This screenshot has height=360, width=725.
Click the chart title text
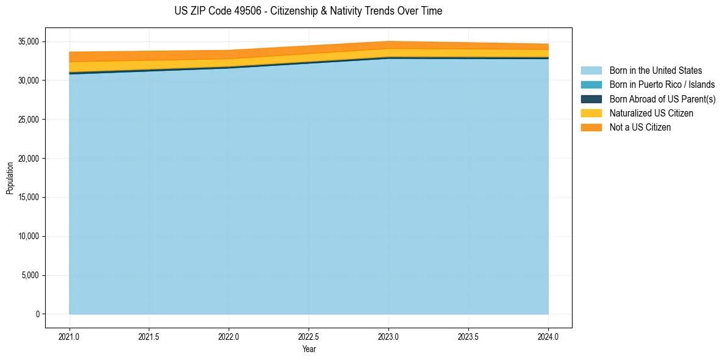(308, 11)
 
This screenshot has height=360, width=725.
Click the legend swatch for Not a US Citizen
(591, 127)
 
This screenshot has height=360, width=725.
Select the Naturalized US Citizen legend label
(651, 113)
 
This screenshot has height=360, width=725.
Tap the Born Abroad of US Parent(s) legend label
(662, 99)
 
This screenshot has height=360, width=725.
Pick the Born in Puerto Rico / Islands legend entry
(662, 85)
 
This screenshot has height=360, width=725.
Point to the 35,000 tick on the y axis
(29, 41)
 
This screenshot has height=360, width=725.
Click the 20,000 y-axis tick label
(29, 159)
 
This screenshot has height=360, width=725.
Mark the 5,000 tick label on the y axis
(31, 275)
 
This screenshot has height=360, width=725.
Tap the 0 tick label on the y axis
(37, 314)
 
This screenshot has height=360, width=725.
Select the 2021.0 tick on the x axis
(70, 336)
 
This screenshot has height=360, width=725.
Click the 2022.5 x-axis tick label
(309, 336)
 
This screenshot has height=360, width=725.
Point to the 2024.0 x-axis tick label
(548, 336)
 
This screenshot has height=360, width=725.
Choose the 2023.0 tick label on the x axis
(388, 336)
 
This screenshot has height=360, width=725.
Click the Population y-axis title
(10, 178)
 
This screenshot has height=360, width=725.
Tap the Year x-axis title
(309, 349)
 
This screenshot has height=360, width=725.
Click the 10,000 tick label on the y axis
(29, 236)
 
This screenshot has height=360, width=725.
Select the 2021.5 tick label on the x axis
(149, 336)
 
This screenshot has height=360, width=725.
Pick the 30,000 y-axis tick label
(29, 81)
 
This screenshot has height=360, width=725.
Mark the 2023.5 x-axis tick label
(468, 336)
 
